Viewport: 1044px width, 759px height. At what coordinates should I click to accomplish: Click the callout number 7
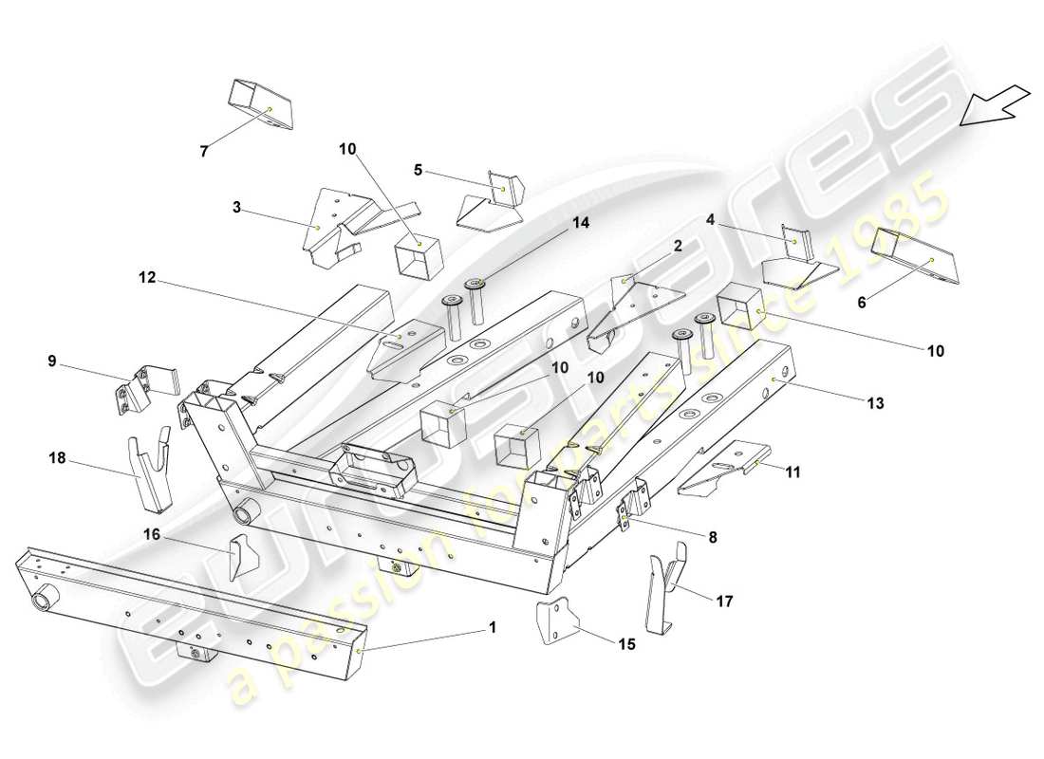click(201, 151)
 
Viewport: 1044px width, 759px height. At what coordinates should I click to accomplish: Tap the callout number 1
click(492, 627)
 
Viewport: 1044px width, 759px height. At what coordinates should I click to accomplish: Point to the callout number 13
click(874, 403)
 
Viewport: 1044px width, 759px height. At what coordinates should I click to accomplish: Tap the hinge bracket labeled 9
click(142, 388)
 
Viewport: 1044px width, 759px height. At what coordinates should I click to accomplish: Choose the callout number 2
click(678, 247)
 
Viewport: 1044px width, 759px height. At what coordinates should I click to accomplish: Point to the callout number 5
click(417, 171)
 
